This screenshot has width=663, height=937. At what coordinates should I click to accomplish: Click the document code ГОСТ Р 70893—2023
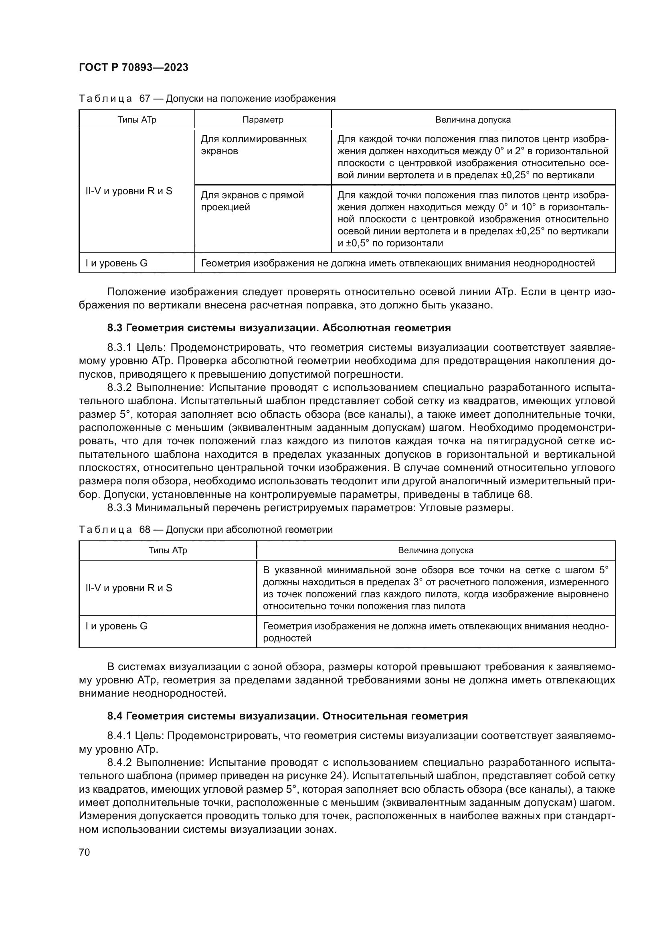tap(133, 67)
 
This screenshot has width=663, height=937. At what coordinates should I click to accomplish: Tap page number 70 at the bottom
tap(84, 852)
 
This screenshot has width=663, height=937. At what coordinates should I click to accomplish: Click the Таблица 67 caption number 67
tap(145, 99)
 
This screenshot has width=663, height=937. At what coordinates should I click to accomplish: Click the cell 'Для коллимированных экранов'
tap(253, 145)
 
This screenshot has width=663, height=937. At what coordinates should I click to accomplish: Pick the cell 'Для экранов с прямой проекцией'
tap(252, 201)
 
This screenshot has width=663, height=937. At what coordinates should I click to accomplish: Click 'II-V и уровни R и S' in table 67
tap(129, 191)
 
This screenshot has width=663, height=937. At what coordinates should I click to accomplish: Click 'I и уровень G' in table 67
tap(116, 263)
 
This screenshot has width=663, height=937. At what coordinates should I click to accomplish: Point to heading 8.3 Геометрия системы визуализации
tap(279, 328)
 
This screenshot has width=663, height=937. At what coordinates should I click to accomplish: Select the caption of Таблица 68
tap(205, 530)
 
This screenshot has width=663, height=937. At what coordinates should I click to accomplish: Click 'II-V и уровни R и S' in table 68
tap(129, 588)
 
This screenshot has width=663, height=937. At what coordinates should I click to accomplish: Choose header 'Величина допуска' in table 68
tap(435, 550)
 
